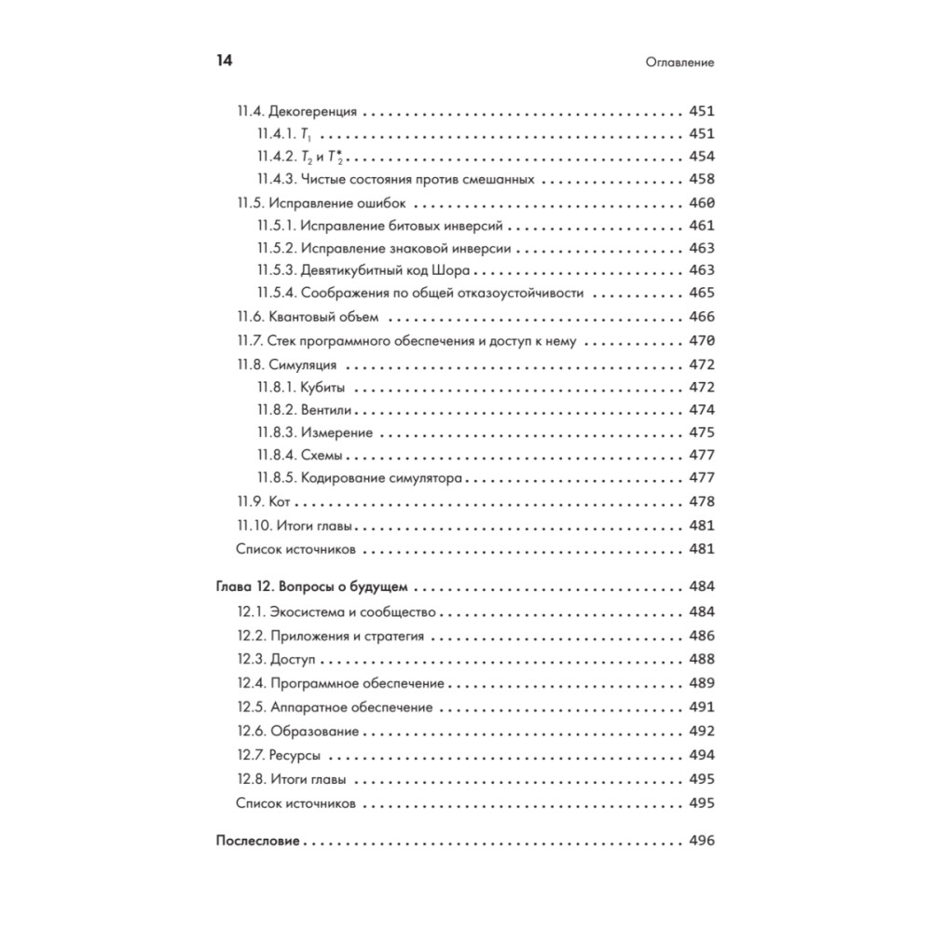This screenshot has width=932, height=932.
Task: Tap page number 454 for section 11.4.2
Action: point(701,157)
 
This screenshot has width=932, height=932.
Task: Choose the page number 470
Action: point(701,340)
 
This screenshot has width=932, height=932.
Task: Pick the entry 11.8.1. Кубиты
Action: point(302,387)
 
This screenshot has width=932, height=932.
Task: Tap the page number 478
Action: point(701,501)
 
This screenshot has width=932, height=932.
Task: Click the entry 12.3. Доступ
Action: point(276,659)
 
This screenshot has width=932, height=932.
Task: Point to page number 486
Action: point(701,636)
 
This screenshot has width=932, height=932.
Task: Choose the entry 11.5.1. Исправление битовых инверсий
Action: point(381,225)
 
